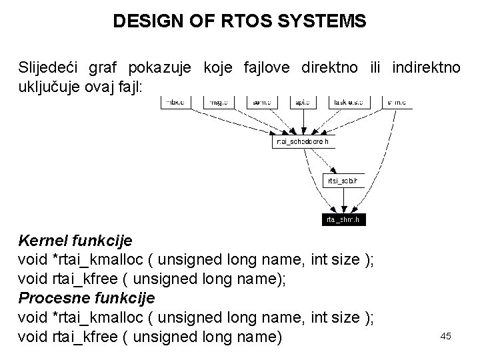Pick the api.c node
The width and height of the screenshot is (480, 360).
[301, 103]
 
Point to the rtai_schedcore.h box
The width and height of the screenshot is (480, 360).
[302, 141]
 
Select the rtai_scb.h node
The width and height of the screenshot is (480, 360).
[344, 180]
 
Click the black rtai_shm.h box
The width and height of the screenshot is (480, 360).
[344, 219]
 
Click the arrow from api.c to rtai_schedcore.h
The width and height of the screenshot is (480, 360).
[301, 122]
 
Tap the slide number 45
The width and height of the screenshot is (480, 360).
[446, 336]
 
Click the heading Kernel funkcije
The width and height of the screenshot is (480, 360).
[75, 239]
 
